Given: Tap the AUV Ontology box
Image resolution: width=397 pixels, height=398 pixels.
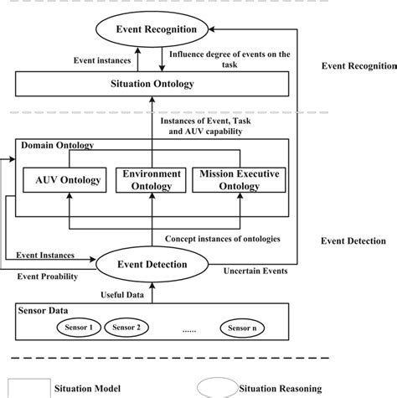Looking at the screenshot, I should (x=69, y=180).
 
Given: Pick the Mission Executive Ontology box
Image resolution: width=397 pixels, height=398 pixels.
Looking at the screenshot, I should (x=240, y=180).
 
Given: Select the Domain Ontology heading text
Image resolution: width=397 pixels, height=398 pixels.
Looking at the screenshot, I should (x=58, y=145).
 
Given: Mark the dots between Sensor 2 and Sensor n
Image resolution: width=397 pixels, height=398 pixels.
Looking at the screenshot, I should (x=188, y=329).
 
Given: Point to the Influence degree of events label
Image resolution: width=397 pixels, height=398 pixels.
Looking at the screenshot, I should (x=229, y=60).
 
